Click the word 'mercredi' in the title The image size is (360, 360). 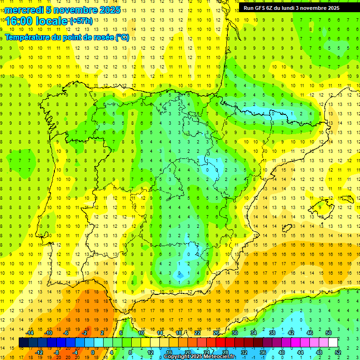[x=24, y=10]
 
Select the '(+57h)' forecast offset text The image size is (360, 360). [x=81, y=21]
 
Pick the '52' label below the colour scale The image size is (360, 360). [x=337, y=352]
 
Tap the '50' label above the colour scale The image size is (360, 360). [x=329, y=333]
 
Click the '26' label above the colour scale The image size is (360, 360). [x=216, y=333]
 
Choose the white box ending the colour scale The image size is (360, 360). [x=333, y=343]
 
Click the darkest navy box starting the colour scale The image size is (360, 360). [x=24, y=343]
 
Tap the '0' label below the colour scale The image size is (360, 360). [x=92, y=352]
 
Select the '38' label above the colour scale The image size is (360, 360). [x=272, y=333]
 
